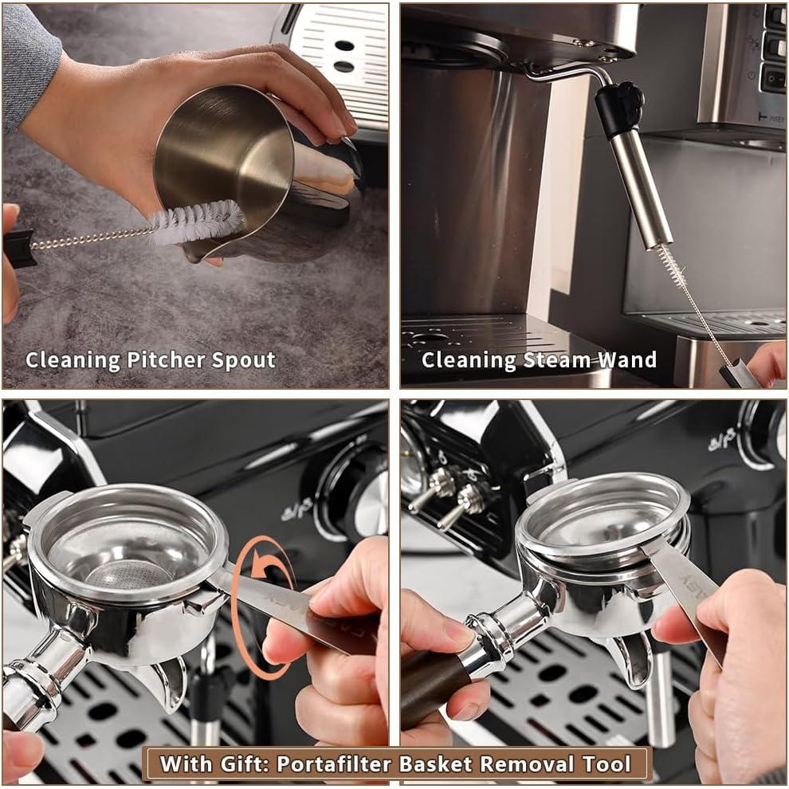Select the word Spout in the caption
[x=244, y=360]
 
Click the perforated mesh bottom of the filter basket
[x=120, y=574]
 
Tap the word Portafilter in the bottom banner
[x=335, y=764]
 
